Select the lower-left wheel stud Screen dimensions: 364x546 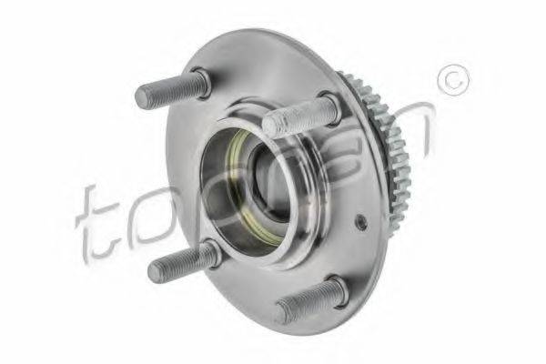tap(182, 261)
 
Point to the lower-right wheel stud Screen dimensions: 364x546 tap(309, 300)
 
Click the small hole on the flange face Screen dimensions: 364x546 tap(362, 222)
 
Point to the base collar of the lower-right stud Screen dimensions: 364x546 tap(337, 289)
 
